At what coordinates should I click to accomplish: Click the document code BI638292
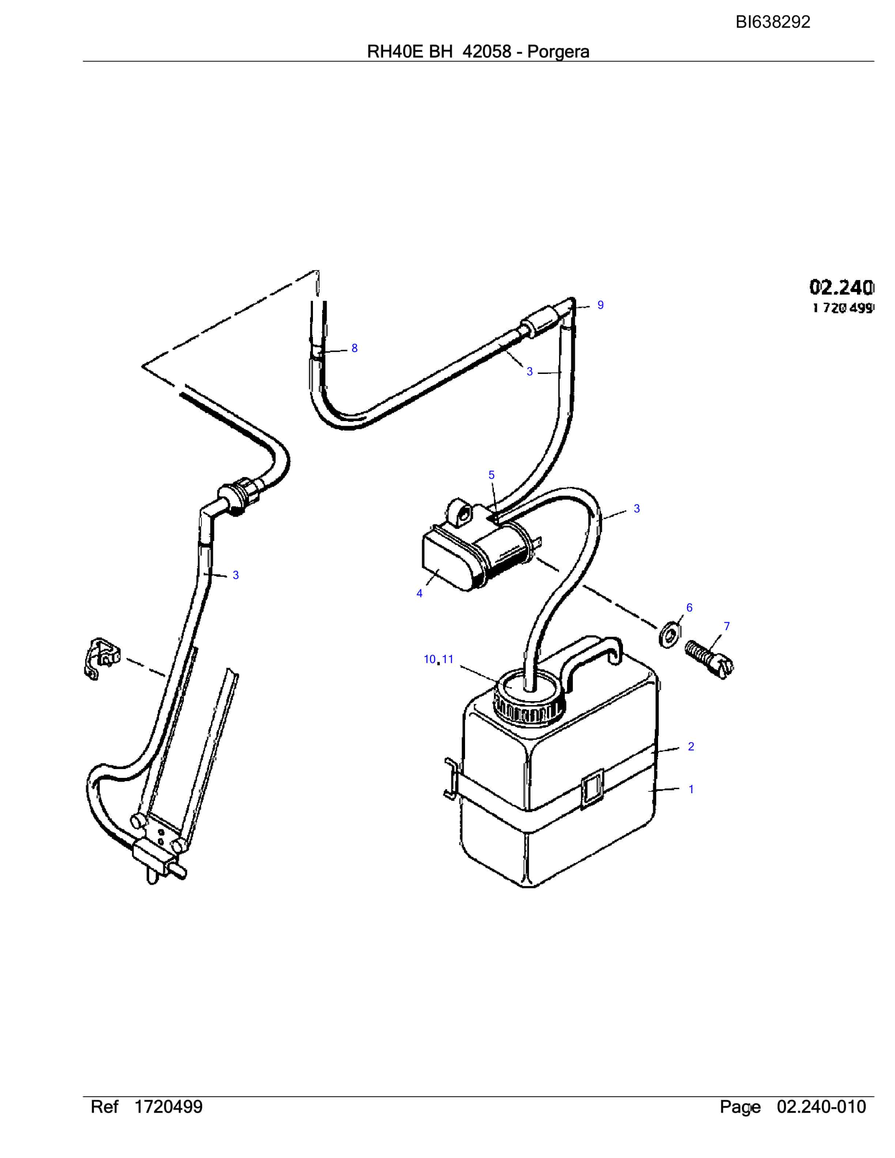tap(773, 22)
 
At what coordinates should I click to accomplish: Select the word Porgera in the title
tap(558, 52)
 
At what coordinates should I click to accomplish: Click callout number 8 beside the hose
tap(355, 348)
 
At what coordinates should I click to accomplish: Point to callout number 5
tap(491, 475)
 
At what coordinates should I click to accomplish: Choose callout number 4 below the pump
tap(419, 594)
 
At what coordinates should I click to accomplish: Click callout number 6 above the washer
tap(689, 608)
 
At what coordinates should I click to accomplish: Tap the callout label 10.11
tap(438, 659)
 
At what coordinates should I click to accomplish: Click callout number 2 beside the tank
tap(691, 746)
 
